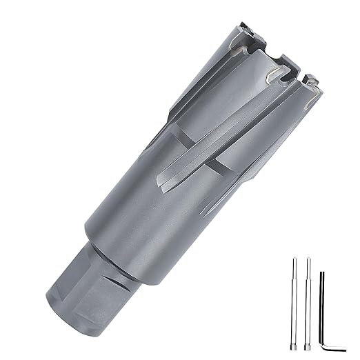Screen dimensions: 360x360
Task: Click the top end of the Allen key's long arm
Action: point(321,274)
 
